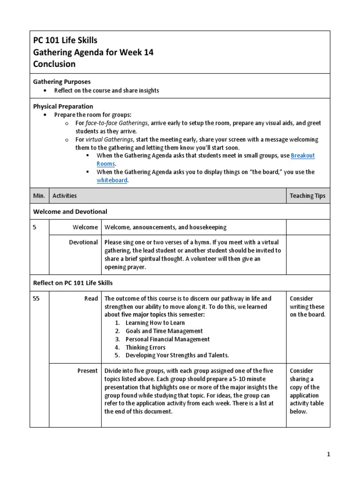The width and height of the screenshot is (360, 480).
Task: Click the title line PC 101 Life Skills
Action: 65,40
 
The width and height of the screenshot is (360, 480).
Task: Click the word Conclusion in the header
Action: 54,64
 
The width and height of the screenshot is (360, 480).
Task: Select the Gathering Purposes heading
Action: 62,82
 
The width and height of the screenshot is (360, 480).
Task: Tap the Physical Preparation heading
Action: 63,106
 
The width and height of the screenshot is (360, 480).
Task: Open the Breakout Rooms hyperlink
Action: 302,156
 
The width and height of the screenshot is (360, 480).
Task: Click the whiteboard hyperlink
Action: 112,180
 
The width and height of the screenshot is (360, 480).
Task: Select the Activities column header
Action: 65,195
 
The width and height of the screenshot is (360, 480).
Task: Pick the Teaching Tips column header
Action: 307,195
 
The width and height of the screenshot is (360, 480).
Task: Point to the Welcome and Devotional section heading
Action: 70,211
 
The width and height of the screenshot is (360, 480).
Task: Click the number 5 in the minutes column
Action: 35,227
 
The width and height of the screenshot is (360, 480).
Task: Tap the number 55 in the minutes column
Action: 37,299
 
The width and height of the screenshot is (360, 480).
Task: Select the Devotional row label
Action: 84,242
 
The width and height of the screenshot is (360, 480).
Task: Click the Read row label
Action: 91,299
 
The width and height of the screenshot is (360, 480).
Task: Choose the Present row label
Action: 88,371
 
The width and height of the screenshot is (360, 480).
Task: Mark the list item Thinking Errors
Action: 145,347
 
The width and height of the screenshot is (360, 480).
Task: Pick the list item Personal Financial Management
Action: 167,339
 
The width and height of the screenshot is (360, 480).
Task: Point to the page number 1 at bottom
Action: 329,454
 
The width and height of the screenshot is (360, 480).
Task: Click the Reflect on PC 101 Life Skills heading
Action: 73,283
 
